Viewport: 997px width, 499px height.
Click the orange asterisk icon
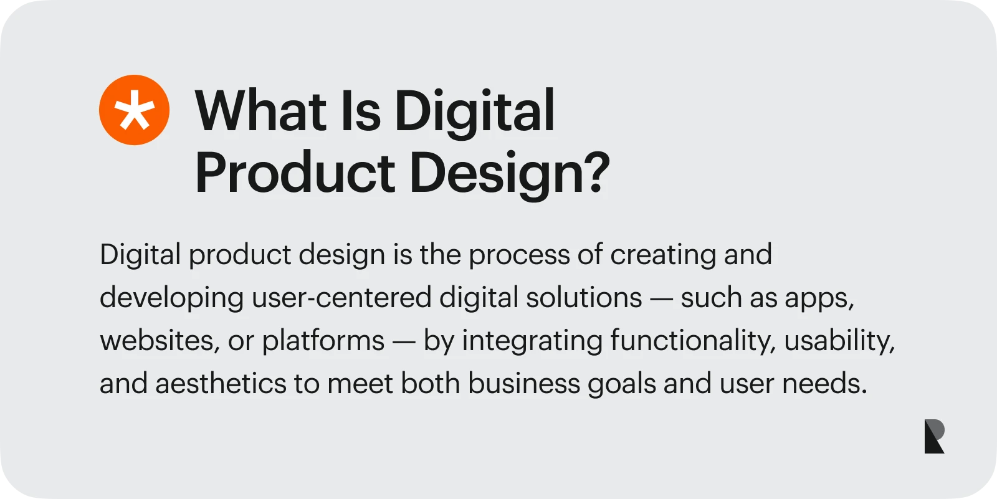click(134, 110)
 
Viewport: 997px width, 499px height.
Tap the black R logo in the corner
click(934, 436)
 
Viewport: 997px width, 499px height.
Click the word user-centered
click(341, 298)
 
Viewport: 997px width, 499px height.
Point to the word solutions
click(584, 298)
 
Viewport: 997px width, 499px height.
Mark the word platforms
click(323, 341)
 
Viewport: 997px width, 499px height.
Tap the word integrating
click(532, 341)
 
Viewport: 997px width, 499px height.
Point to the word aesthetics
click(221, 384)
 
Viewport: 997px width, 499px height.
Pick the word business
click(524, 384)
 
